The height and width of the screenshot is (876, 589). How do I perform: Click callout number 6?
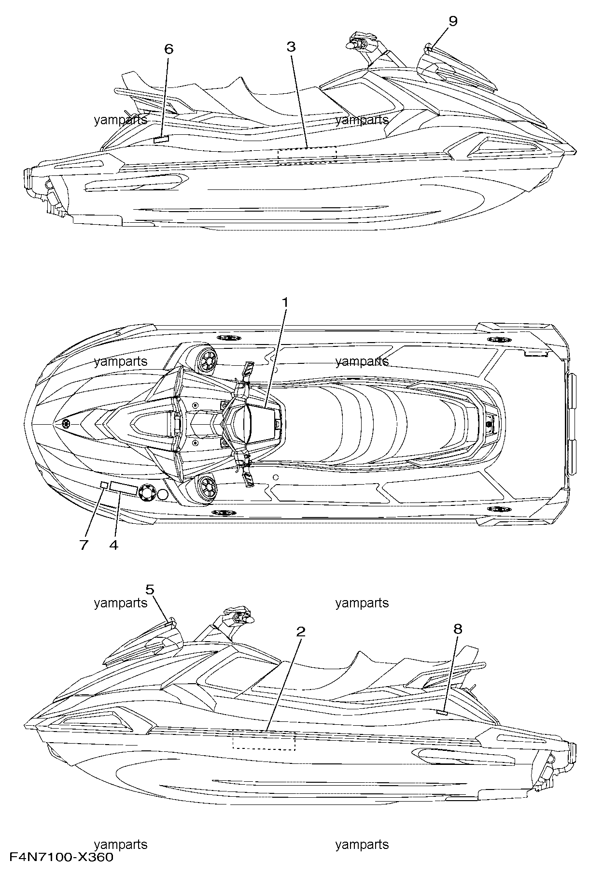[168, 49]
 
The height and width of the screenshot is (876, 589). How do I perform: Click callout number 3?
[291, 47]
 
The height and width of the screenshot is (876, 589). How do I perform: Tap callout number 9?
[453, 21]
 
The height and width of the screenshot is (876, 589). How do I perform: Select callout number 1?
[285, 302]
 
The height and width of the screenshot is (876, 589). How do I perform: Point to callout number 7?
[84, 545]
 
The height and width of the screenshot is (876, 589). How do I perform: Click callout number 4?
[113, 545]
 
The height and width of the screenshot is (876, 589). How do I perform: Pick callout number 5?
[150, 589]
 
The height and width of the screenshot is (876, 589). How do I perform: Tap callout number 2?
[301, 632]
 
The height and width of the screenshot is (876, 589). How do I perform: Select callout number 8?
[458, 629]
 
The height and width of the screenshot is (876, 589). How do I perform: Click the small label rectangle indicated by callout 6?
[161, 139]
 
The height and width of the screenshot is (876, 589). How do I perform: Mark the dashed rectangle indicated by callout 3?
[307, 156]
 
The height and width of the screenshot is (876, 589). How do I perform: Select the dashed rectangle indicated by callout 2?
[264, 740]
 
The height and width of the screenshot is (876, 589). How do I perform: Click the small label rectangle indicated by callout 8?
[442, 712]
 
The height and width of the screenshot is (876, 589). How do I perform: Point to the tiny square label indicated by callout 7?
[104, 485]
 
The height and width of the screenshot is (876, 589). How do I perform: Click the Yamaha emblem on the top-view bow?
[66, 423]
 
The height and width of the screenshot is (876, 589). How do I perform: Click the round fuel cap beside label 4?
[146, 492]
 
